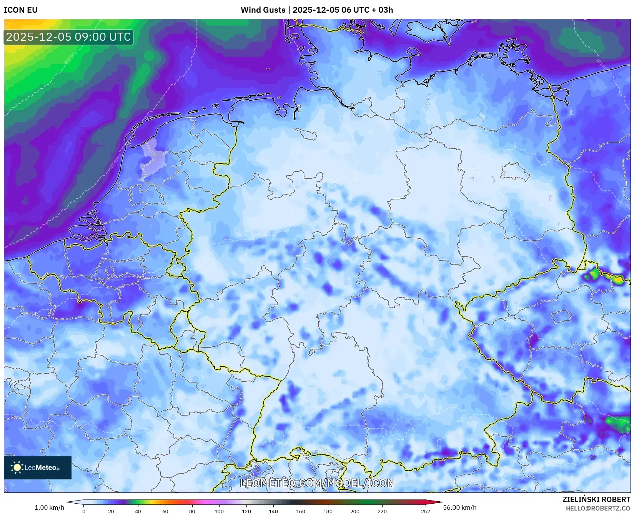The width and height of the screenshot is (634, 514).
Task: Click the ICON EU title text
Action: (x=21, y=10)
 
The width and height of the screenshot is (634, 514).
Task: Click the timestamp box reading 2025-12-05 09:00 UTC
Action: (x=68, y=37)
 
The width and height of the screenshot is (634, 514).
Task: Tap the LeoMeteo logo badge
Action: (x=38, y=467)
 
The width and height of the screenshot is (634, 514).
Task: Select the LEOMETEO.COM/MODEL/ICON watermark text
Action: (x=317, y=483)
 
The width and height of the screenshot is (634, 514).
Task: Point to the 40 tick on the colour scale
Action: (x=138, y=511)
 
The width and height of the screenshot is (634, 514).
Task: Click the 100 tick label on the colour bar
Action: (x=219, y=511)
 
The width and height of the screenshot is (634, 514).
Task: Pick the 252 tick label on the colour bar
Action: (x=425, y=511)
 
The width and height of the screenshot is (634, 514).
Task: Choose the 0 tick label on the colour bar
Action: (x=84, y=511)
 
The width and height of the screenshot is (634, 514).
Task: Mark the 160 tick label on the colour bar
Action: (x=301, y=511)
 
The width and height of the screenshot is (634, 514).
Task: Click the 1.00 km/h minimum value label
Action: (x=50, y=507)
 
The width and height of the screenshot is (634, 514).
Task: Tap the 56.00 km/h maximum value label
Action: (x=459, y=507)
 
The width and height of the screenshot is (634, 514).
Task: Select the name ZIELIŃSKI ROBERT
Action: (x=596, y=500)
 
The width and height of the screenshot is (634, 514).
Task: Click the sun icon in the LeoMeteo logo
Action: (x=17, y=467)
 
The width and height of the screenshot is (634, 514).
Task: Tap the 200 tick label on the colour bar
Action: (x=355, y=511)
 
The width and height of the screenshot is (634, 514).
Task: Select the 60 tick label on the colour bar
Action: (x=165, y=511)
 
